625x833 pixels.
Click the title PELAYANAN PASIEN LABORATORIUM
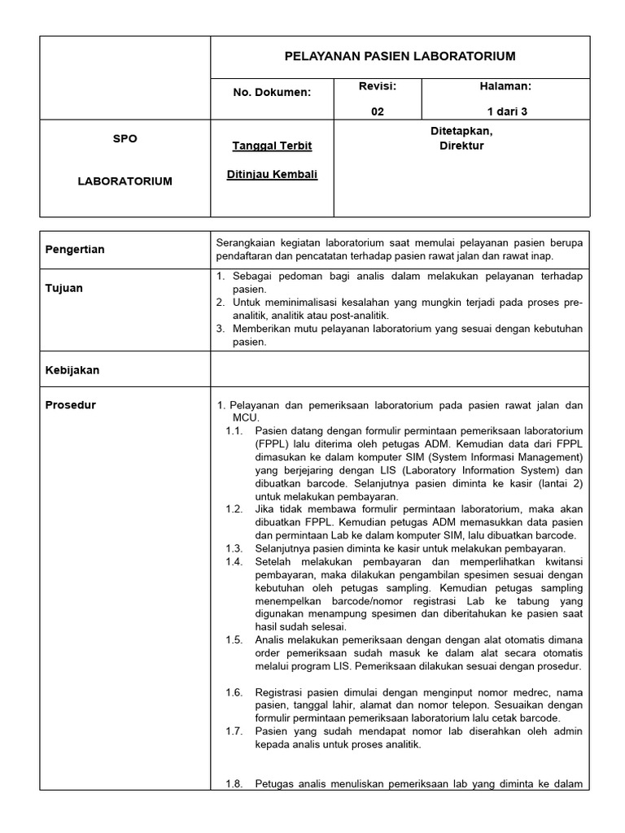(400, 56)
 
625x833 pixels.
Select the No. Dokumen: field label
(272, 92)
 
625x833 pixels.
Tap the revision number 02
(377, 112)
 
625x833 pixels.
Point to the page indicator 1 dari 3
(507, 112)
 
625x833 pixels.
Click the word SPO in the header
(125, 138)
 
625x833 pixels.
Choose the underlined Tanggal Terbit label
(272, 146)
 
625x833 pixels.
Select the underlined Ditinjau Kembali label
(272, 174)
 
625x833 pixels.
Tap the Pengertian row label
(75, 249)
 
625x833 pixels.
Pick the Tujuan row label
(63, 288)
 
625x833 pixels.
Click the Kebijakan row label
(72, 369)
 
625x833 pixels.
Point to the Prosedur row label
(70, 405)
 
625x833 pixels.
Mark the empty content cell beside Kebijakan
(400, 369)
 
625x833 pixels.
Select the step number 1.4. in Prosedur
(234, 561)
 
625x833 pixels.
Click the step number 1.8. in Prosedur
(234, 784)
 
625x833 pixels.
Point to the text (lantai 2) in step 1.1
(556, 483)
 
